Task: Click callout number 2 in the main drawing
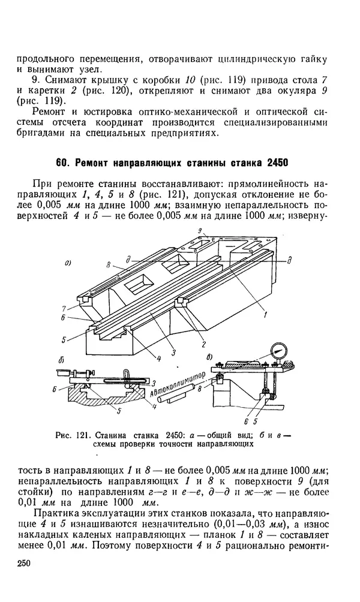204,344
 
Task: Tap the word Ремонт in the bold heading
96,163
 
